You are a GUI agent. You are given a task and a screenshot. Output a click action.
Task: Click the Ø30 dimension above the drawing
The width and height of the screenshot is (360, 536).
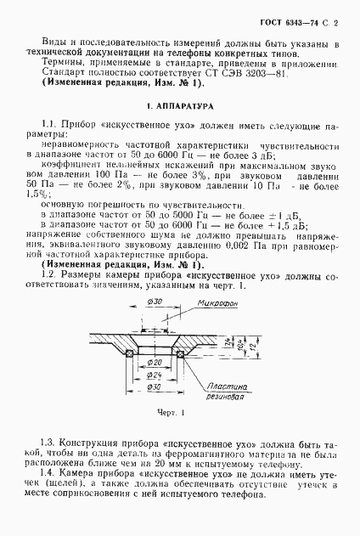(x=155, y=302)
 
